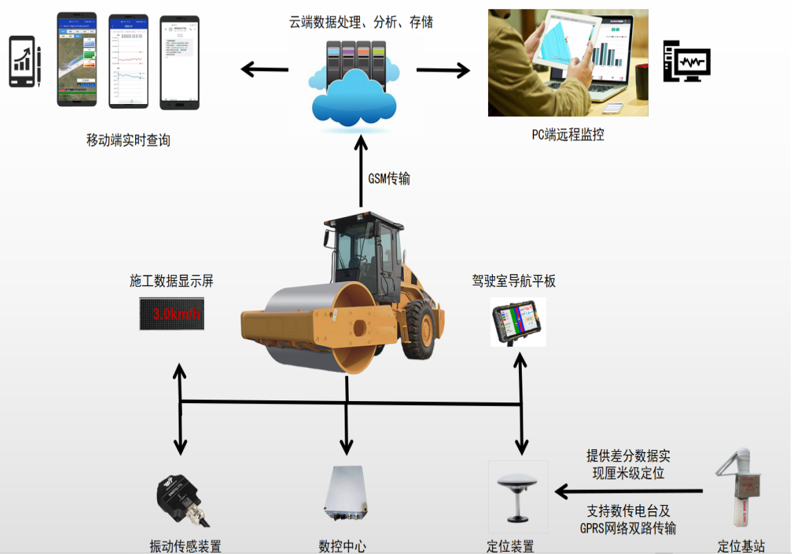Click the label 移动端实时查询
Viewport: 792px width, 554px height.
pyautogui.click(x=128, y=141)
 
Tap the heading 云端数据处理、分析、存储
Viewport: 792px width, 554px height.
pyautogui.click(x=361, y=22)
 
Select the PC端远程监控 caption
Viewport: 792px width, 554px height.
pyautogui.click(x=567, y=135)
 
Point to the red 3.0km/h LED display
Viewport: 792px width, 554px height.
pyautogui.click(x=171, y=314)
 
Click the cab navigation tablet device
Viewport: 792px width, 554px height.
pyautogui.click(x=518, y=322)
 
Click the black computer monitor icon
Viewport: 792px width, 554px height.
pyautogui.click(x=687, y=63)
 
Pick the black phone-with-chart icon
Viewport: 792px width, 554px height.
pyautogui.click(x=24, y=62)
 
